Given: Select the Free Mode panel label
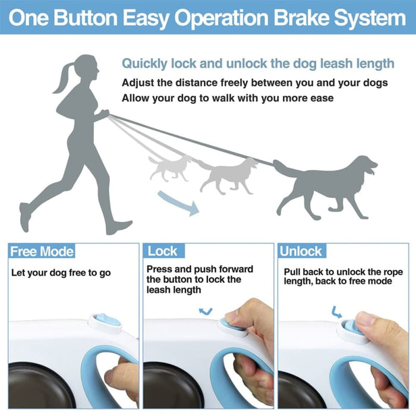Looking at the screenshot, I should point(42,251).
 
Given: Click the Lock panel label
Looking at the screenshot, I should point(162,251).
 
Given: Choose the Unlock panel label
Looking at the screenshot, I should point(301,251).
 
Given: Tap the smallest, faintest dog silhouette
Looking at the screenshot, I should point(169,168).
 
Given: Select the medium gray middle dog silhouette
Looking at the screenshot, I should point(229,173).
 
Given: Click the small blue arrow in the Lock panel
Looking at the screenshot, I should point(206,310).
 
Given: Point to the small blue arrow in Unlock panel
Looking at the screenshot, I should point(337,310).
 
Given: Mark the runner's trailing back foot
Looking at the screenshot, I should point(24,217).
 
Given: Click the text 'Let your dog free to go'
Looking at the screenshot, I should point(61,273).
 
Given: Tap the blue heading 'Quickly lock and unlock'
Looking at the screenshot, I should point(258,64).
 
